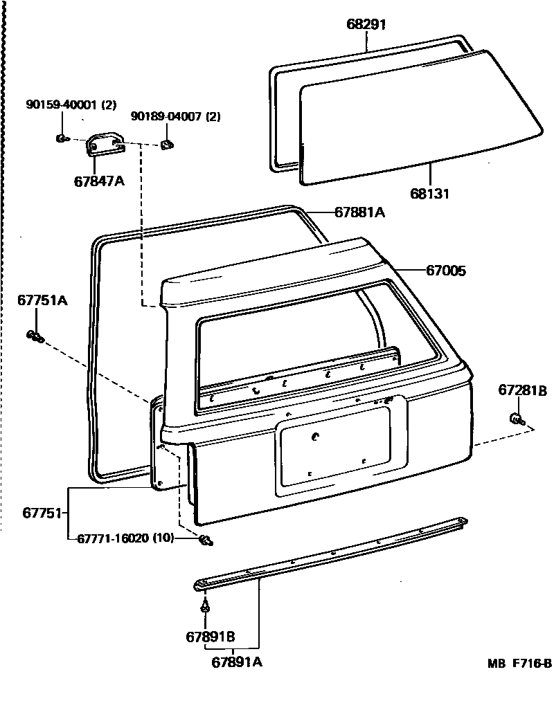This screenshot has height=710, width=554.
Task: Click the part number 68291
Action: click(366, 24)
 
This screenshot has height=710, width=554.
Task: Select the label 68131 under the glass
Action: click(429, 194)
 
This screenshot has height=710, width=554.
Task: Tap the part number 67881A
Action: click(359, 212)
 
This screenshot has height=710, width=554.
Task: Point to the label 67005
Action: click(445, 271)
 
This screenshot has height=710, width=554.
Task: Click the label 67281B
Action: click(522, 390)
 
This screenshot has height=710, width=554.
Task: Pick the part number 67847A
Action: click(99, 182)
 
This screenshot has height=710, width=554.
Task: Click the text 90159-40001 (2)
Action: click(71, 105)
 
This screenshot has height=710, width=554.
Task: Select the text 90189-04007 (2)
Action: click(175, 117)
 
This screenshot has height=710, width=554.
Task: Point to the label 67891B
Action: click(210, 636)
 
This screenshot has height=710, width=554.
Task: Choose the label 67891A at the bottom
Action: click(237, 662)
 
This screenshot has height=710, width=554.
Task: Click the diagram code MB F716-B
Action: click(519, 663)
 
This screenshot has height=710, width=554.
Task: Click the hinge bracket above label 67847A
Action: click(105, 146)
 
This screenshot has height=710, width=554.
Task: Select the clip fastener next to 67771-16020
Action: click(206, 540)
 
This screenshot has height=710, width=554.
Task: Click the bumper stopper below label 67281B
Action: click(516, 418)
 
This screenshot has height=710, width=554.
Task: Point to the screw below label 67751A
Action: click(35, 337)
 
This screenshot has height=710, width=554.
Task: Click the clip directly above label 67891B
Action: click(206, 607)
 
